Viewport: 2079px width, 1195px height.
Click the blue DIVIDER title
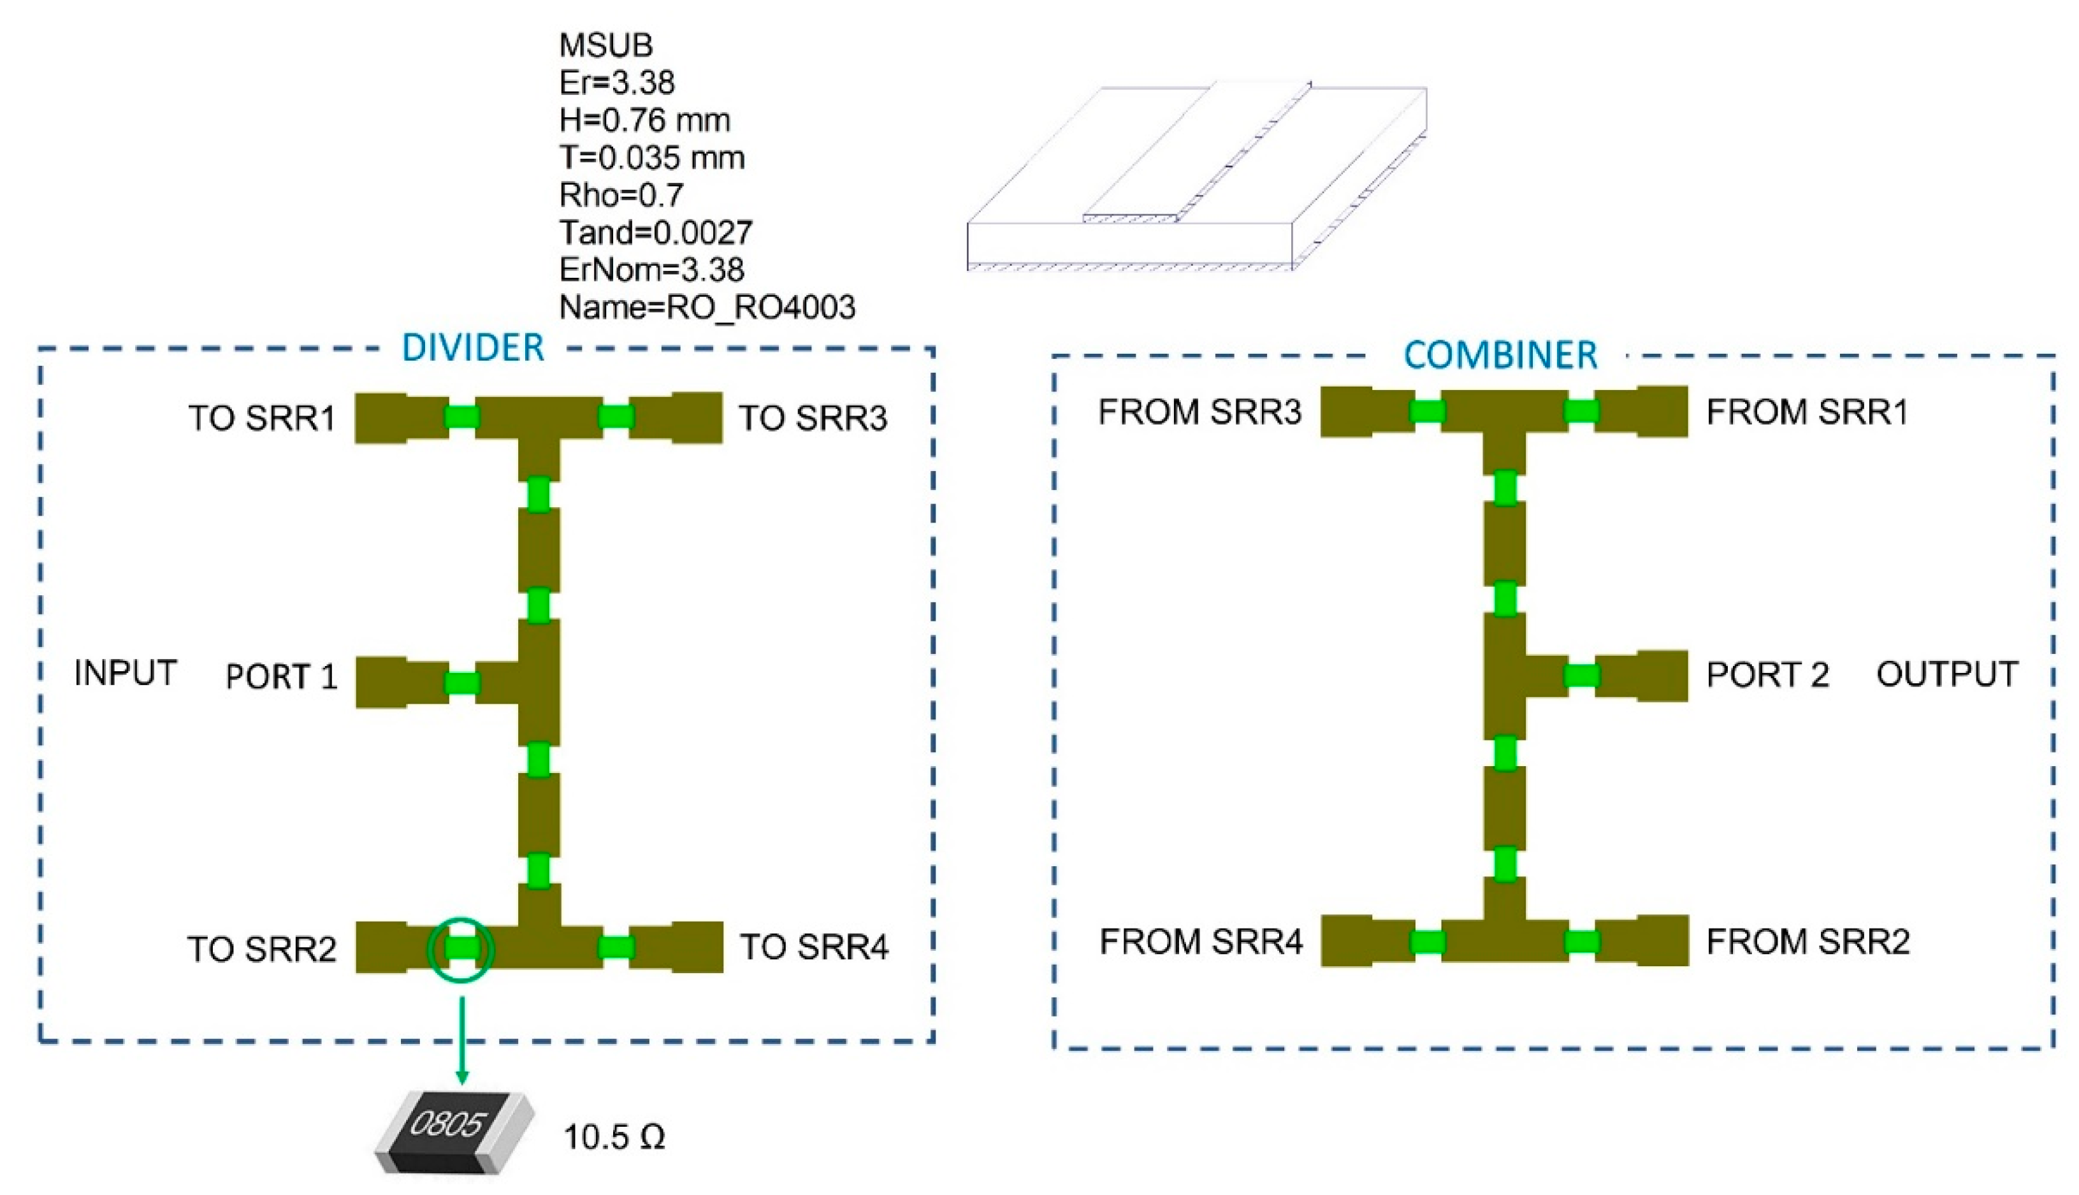coord(473,348)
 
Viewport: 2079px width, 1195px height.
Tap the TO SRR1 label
coord(262,417)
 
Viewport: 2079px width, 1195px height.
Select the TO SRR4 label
coord(814,947)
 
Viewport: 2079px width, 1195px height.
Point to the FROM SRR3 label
coord(1200,412)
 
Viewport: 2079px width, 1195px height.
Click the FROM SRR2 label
coord(1808,941)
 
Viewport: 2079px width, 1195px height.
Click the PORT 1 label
coord(282,676)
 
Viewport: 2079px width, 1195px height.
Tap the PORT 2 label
coord(1768,675)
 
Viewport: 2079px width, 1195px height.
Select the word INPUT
coord(126,673)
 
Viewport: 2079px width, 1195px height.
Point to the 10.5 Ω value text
coord(614,1138)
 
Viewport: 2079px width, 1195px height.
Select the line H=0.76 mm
coord(644,120)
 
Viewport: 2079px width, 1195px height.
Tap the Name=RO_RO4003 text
coord(707,308)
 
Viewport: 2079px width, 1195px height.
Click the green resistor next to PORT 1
coord(461,683)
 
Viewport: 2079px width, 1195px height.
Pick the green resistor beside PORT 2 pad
coord(1581,676)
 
